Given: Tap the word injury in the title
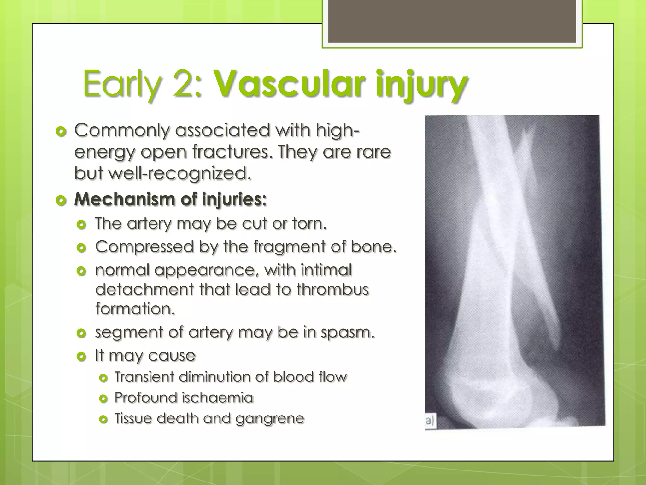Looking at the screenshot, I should click(421, 85).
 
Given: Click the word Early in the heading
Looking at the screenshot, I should click(121, 85).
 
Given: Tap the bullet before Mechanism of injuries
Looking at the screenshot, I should click(61, 200).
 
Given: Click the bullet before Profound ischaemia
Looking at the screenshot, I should click(103, 398).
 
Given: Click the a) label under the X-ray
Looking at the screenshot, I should click(430, 421).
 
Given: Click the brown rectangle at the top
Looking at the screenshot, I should click(452, 21).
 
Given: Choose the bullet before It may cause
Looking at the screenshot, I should click(81, 356).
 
